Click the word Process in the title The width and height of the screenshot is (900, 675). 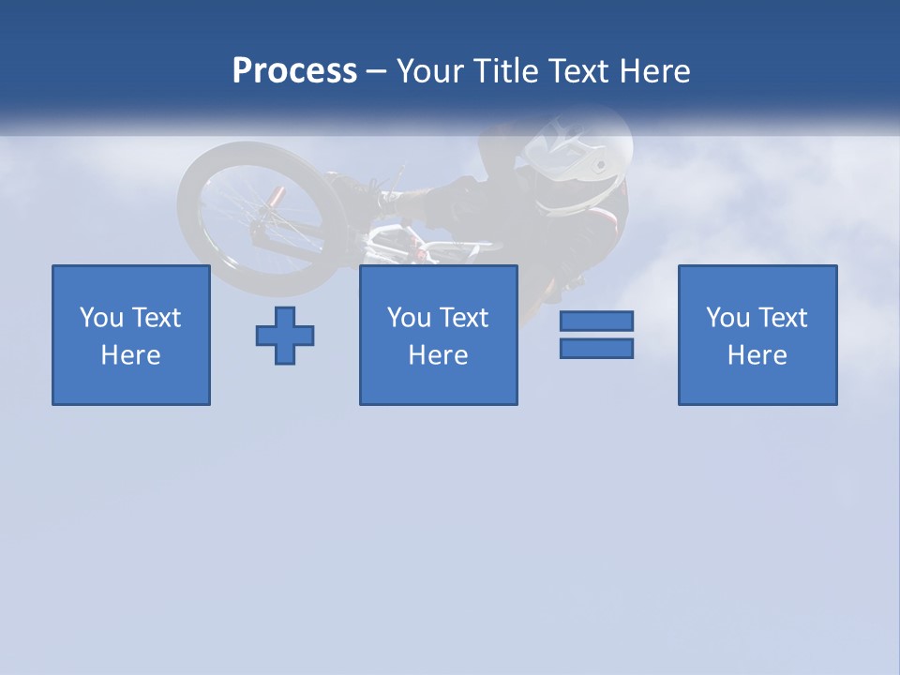click(294, 71)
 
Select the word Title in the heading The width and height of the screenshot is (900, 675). click(504, 71)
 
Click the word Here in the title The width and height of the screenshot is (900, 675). click(653, 71)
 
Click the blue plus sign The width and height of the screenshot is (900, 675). click(285, 336)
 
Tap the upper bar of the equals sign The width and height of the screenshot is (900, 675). click(596, 321)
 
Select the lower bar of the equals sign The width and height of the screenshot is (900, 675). click(596, 348)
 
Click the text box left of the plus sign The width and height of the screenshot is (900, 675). click(131, 335)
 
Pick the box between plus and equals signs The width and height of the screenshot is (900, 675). click(439, 335)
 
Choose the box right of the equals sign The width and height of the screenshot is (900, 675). click(757, 335)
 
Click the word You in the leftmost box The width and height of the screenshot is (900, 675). click(101, 318)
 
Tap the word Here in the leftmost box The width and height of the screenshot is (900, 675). click(131, 355)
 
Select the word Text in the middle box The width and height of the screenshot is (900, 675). click(463, 318)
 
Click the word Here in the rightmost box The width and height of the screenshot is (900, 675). click(757, 355)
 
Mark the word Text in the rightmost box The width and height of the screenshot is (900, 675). click(782, 318)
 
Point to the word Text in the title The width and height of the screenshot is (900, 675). click(577, 71)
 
